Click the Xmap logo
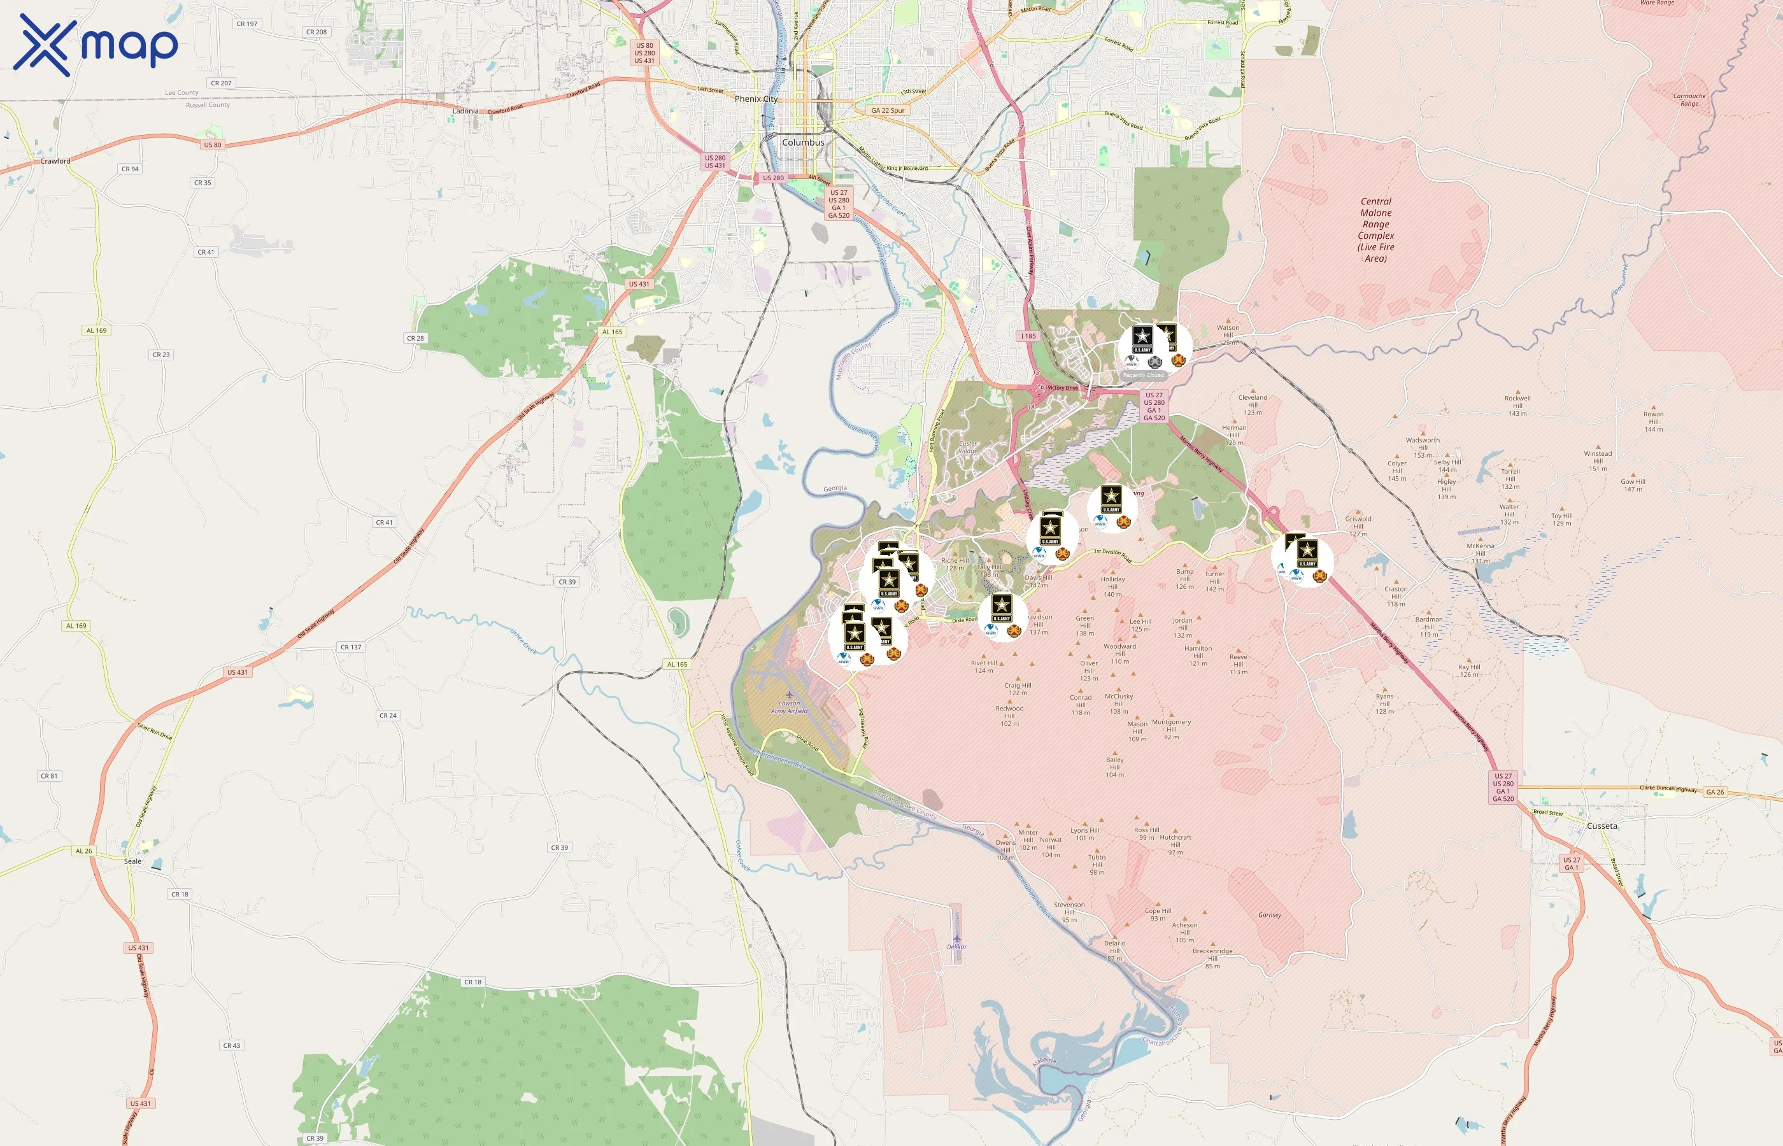(96, 45)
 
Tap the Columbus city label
(803, 142)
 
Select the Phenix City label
(755, 99)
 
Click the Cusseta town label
(1602, 826)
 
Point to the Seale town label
(132, 861)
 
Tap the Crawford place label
(56, 160)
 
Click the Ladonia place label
(466, 111)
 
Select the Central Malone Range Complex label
(1376, 230)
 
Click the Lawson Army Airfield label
(789, 706)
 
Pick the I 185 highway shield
(1028, 336)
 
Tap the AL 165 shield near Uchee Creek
(677, 665)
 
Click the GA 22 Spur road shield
(888, 110)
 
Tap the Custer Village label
(967, 446)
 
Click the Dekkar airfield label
(956, 947)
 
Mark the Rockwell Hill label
(1517, 406)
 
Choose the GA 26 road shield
(1716, 792)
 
